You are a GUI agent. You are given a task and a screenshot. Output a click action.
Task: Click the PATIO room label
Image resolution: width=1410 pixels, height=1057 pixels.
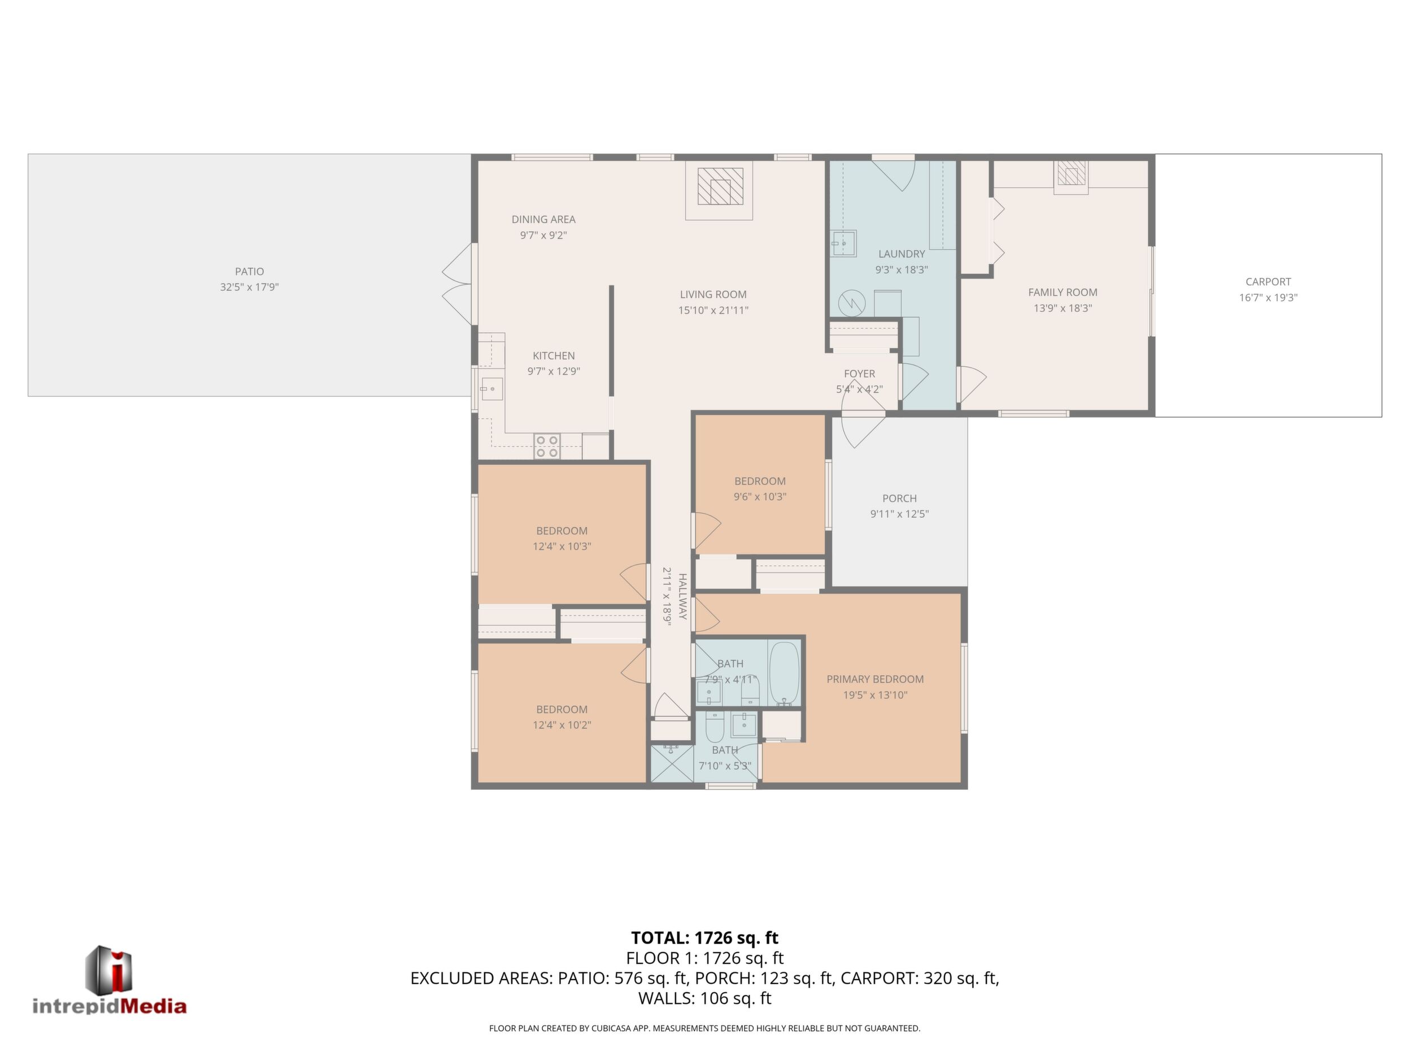click(249, 272)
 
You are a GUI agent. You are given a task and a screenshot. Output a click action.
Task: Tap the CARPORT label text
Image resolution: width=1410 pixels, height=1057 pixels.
click(1268, 282)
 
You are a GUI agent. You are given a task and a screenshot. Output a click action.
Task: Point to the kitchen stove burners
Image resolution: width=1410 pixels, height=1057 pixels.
click(547, 446)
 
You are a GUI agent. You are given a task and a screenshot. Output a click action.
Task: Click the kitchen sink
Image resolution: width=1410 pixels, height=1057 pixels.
click(491, 388)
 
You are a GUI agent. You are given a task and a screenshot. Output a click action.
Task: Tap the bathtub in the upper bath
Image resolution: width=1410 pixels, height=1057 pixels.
click(784, 674)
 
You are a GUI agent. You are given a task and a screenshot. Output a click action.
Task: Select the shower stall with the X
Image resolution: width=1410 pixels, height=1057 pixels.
click(671, 762)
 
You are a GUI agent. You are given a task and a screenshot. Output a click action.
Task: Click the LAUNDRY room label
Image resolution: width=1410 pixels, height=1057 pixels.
click(902, 254)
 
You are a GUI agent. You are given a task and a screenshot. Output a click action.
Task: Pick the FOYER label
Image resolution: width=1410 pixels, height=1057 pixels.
click(859, 374)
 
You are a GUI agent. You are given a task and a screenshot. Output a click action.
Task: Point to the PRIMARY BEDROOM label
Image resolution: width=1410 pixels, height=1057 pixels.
click(875, 679)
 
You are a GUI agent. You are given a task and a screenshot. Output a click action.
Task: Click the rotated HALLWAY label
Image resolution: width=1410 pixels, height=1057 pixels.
click(682, 596)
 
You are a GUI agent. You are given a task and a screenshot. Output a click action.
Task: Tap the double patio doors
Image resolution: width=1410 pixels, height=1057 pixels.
click(458, 285)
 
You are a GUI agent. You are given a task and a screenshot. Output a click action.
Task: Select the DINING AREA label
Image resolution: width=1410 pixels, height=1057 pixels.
click(544, 219)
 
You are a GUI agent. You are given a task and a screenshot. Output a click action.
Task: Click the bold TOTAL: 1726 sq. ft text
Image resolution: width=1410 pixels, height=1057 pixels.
click(704, 938)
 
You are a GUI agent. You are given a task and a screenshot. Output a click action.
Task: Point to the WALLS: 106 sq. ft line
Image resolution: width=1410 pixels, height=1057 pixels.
click(704, 998)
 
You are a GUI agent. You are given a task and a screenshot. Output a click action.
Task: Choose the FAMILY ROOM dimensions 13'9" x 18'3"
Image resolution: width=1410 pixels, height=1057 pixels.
click(1063, 308)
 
